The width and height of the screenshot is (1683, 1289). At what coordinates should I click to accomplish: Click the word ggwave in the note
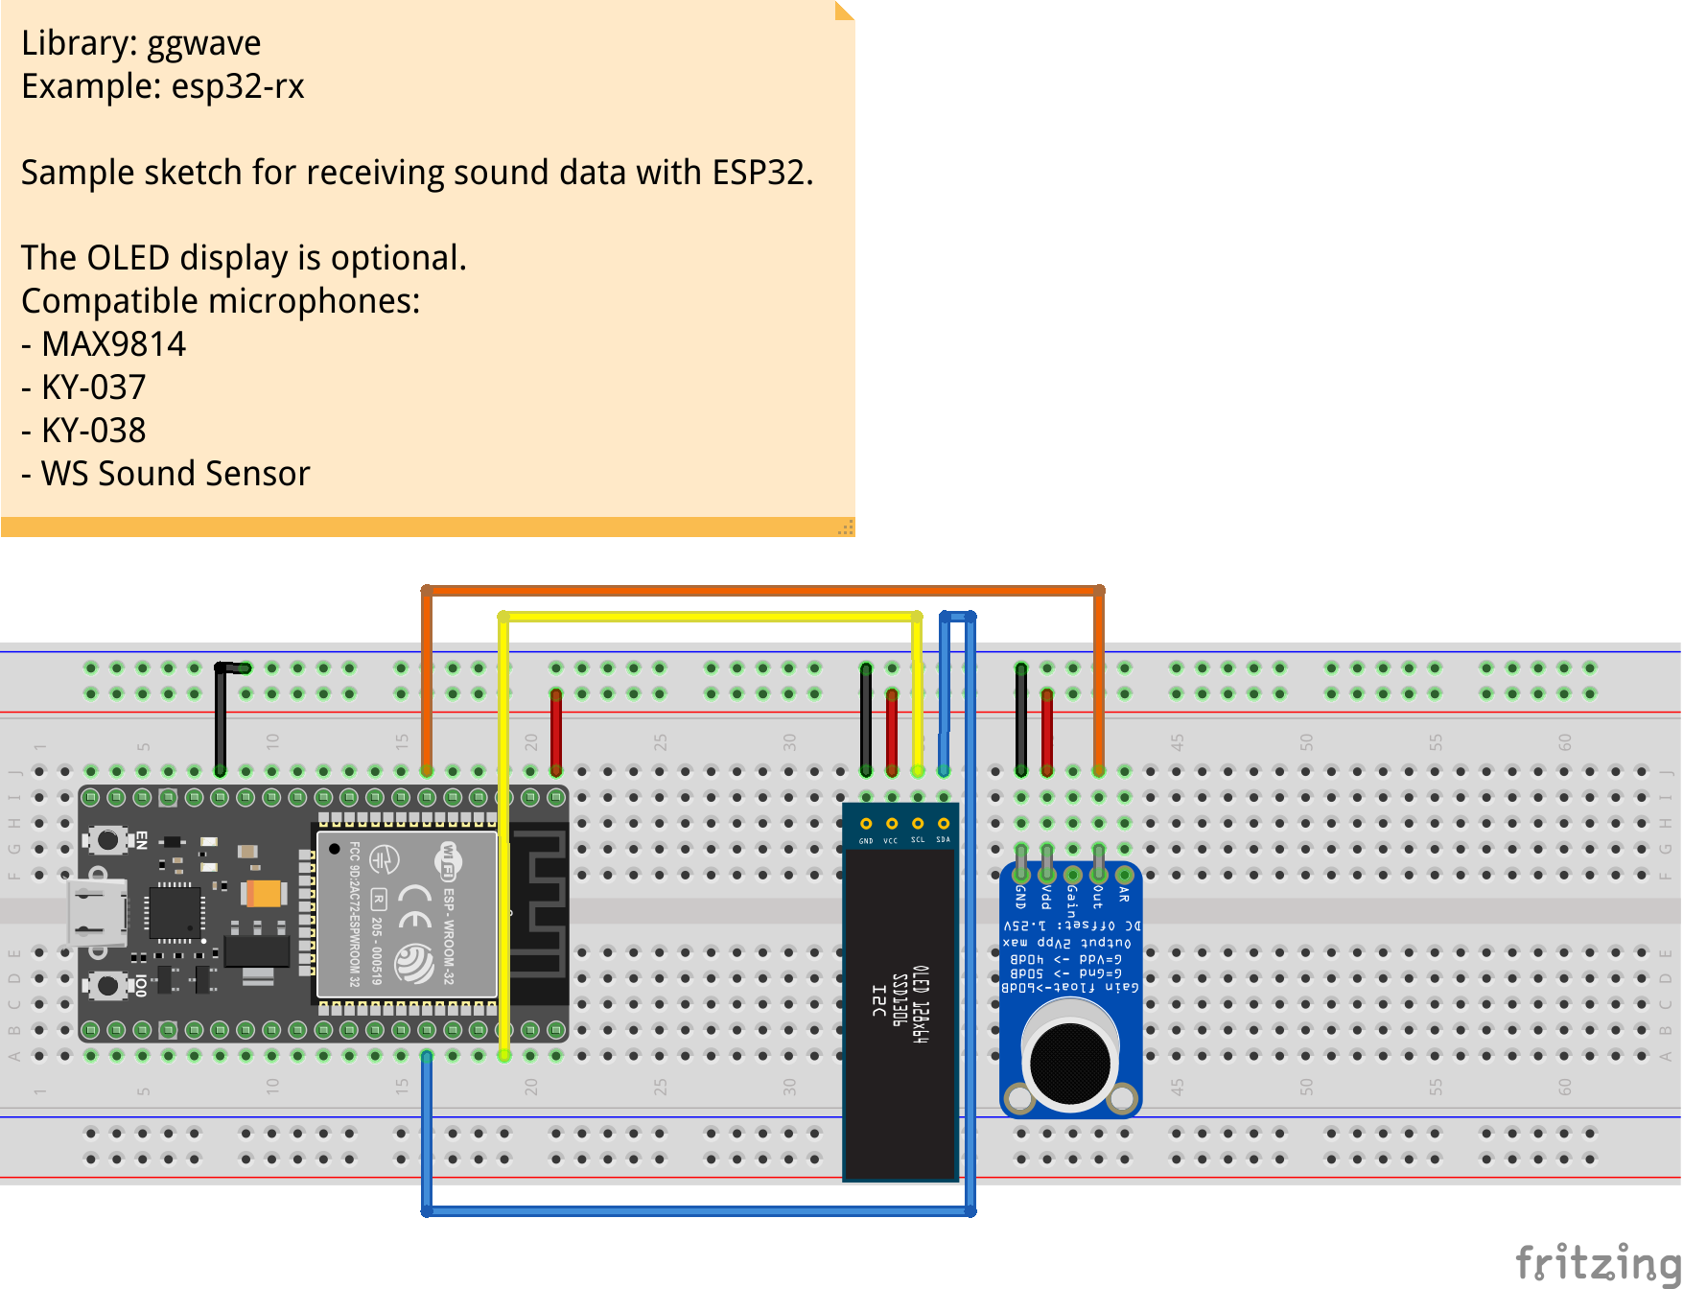click(x=203, y=44)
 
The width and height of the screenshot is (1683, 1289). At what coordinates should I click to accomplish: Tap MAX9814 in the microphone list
click(x=113, y=344)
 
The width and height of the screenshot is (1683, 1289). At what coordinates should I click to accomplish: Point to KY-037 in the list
click(x=93, y=387)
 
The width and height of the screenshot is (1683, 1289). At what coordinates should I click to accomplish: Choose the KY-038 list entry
click(x=93, y=431)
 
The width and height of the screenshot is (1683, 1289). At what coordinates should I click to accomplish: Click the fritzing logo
click(x=1597, y=1261)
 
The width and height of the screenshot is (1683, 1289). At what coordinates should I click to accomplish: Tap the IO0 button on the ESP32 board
click(x=107, y=985)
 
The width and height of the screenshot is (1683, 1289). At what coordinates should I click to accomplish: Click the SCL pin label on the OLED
click(x=918, y=840)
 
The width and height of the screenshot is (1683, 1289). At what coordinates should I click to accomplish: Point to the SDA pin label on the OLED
click(x=944, y=840)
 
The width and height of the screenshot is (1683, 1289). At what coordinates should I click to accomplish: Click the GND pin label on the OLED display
click(x=866, y=841)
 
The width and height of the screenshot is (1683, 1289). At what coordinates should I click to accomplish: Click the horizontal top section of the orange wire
click(x=762, y=591)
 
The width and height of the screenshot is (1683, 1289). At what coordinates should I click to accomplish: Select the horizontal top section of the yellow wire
click(x=710, y=617)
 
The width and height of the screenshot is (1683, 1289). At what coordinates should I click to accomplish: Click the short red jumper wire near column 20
click(x=556, y=733)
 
